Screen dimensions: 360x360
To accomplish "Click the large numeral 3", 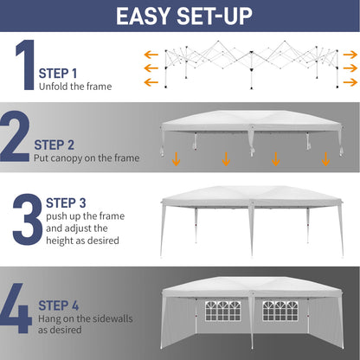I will (26, 219).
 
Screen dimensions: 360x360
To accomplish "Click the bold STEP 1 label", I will (58, 73).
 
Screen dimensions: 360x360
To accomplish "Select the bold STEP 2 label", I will (56, 145).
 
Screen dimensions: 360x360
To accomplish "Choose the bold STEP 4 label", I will (60, 305).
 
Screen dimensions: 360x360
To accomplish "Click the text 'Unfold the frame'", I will (74, 86).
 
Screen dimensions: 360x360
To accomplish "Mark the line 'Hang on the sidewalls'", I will (80, 318).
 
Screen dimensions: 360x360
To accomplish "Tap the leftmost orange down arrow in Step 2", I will (177, 159).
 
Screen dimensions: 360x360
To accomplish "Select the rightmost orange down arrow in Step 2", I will (326, 159).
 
